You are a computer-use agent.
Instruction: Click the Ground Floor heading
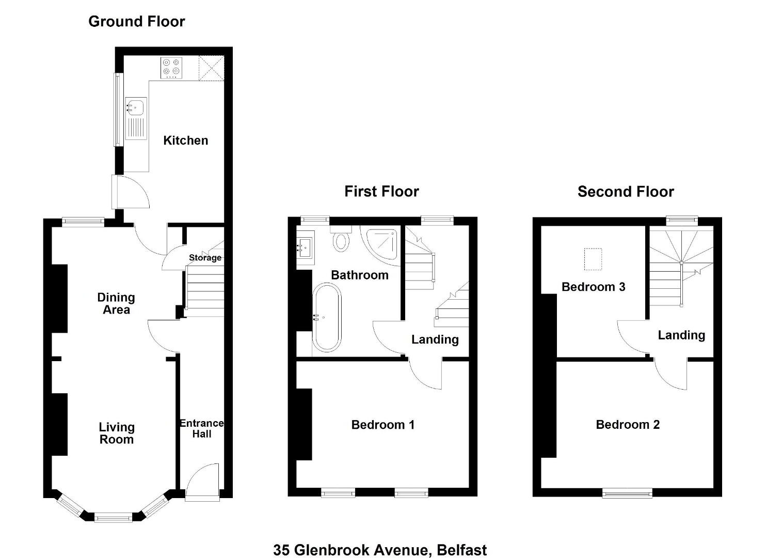137,22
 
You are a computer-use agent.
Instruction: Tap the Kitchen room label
186,141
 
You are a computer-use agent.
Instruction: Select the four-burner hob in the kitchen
171,68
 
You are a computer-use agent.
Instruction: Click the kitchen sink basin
136,107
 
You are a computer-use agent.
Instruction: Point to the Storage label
205,257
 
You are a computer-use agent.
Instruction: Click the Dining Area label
116,303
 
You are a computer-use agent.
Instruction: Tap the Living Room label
117,433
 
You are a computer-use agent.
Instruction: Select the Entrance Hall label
202,429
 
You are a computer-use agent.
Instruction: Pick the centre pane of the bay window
113,518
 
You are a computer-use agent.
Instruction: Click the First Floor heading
381,191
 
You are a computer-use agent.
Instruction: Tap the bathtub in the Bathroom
327,317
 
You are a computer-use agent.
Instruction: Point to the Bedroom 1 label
383,425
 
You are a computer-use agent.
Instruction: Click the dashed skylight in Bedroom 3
593,259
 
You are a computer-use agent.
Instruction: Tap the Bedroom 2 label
628,425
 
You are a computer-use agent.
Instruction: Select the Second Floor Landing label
681,335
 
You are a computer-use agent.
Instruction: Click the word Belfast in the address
461,550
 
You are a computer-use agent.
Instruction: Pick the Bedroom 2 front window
627,493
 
